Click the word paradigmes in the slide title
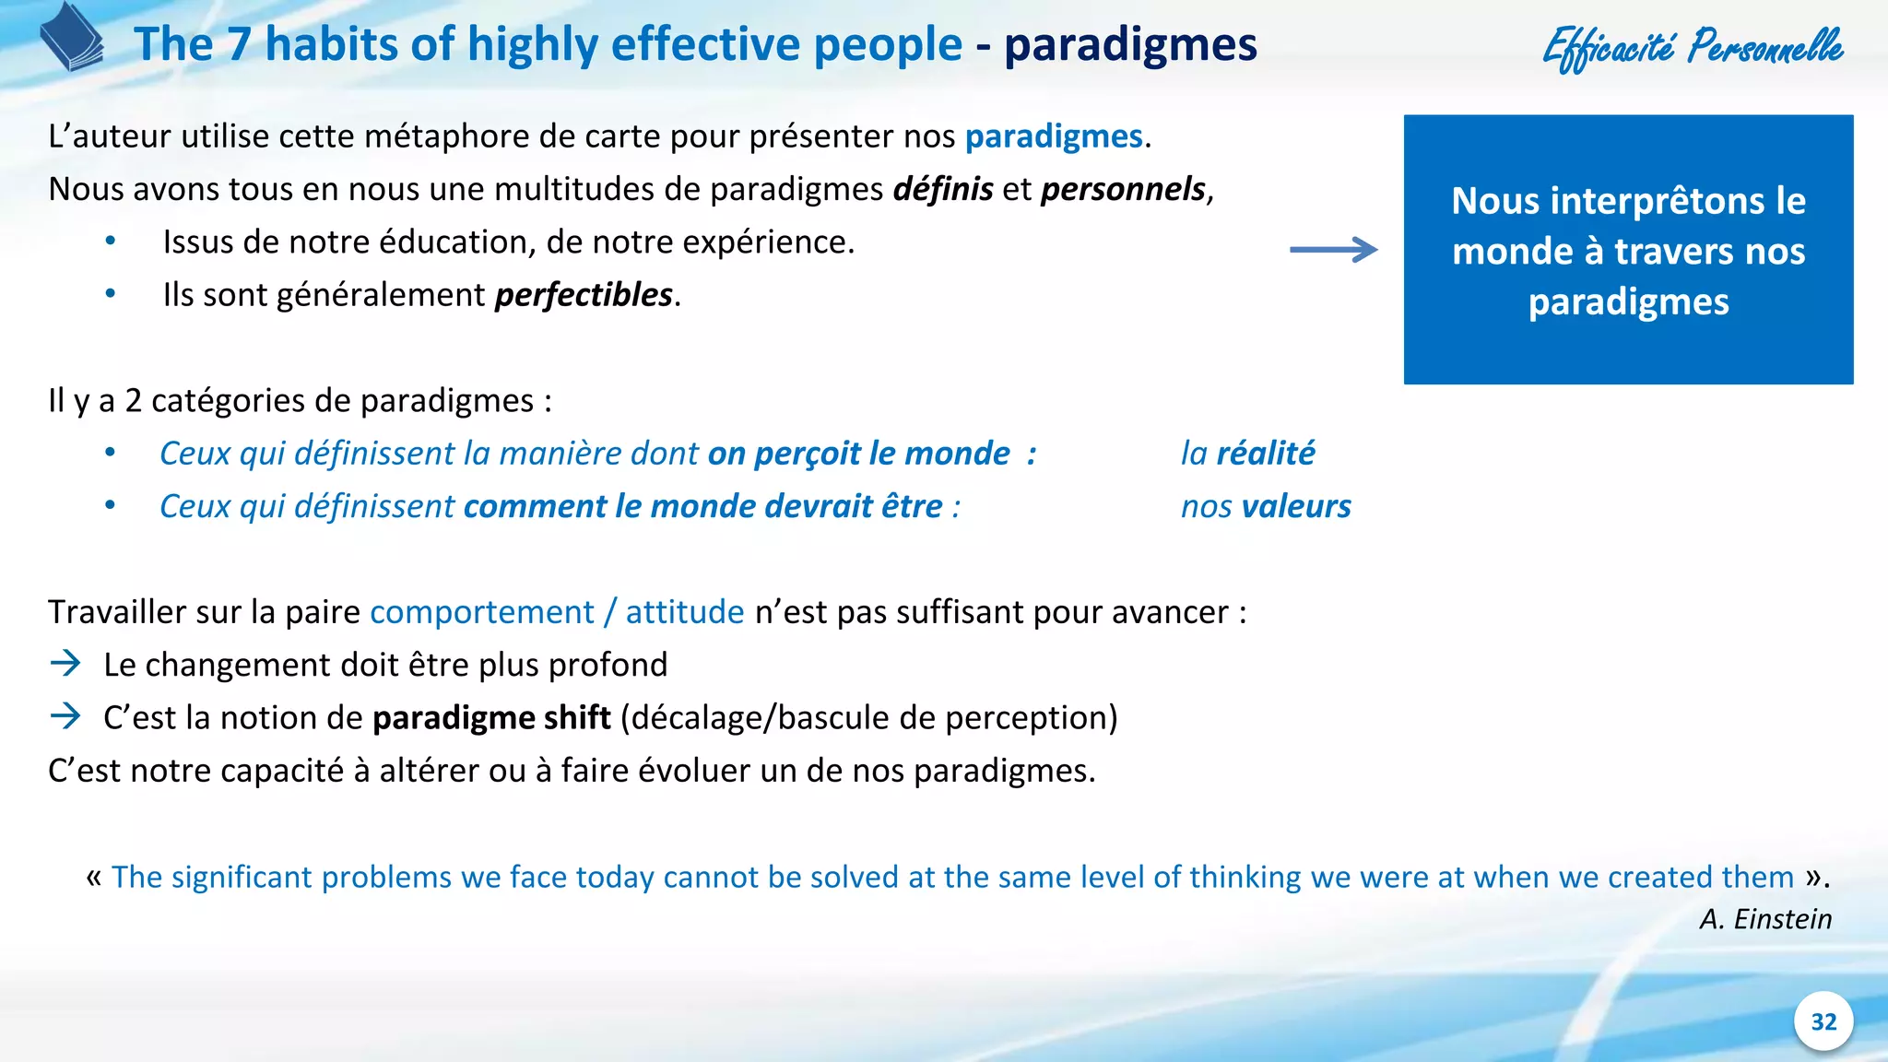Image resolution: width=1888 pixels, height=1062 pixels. [1130, 44]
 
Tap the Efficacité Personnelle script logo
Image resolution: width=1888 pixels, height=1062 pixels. [1693, 46]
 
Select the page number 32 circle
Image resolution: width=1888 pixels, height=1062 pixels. [1823, 1021]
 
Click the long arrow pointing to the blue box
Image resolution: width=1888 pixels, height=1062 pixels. [1333, 250]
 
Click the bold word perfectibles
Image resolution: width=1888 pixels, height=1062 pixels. [584, 295]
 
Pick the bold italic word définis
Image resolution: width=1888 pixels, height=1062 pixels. [943, 189]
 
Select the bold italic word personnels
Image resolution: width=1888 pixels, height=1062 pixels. [1123, 189]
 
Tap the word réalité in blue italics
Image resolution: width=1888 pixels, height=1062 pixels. [1265, 454]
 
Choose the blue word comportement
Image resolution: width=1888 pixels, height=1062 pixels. [482, 612]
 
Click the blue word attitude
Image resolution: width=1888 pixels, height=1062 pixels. [684, 612]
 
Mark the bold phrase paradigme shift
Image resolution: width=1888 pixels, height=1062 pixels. [491, 717]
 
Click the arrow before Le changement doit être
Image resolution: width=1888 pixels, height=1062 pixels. [65, 664]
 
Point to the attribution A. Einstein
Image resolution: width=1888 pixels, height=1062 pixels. [1764, 919]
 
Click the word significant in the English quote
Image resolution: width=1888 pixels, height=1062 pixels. [242, 877]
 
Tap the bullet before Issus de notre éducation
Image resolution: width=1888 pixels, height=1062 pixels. [111, 242]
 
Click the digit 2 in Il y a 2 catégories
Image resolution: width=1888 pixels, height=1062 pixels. [133, 401]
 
